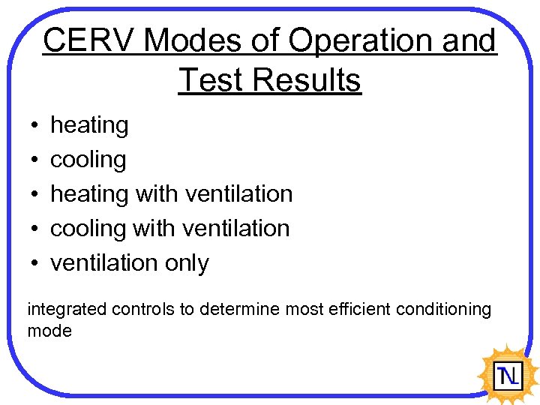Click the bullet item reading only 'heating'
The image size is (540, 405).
point(89,125)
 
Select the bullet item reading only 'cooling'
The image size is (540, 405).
point(88,160)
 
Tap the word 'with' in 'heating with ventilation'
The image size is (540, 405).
point(157,193)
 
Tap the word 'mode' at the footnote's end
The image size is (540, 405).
point(49,331)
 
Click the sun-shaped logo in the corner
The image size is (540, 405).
point(508,373)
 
